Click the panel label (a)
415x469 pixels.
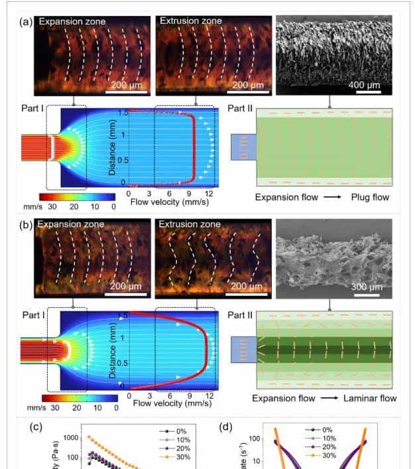pos(27,21)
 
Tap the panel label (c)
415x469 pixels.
pos(38,427)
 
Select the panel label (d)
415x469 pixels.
pos(225,427)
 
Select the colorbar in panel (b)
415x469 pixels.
pos(78,397)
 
